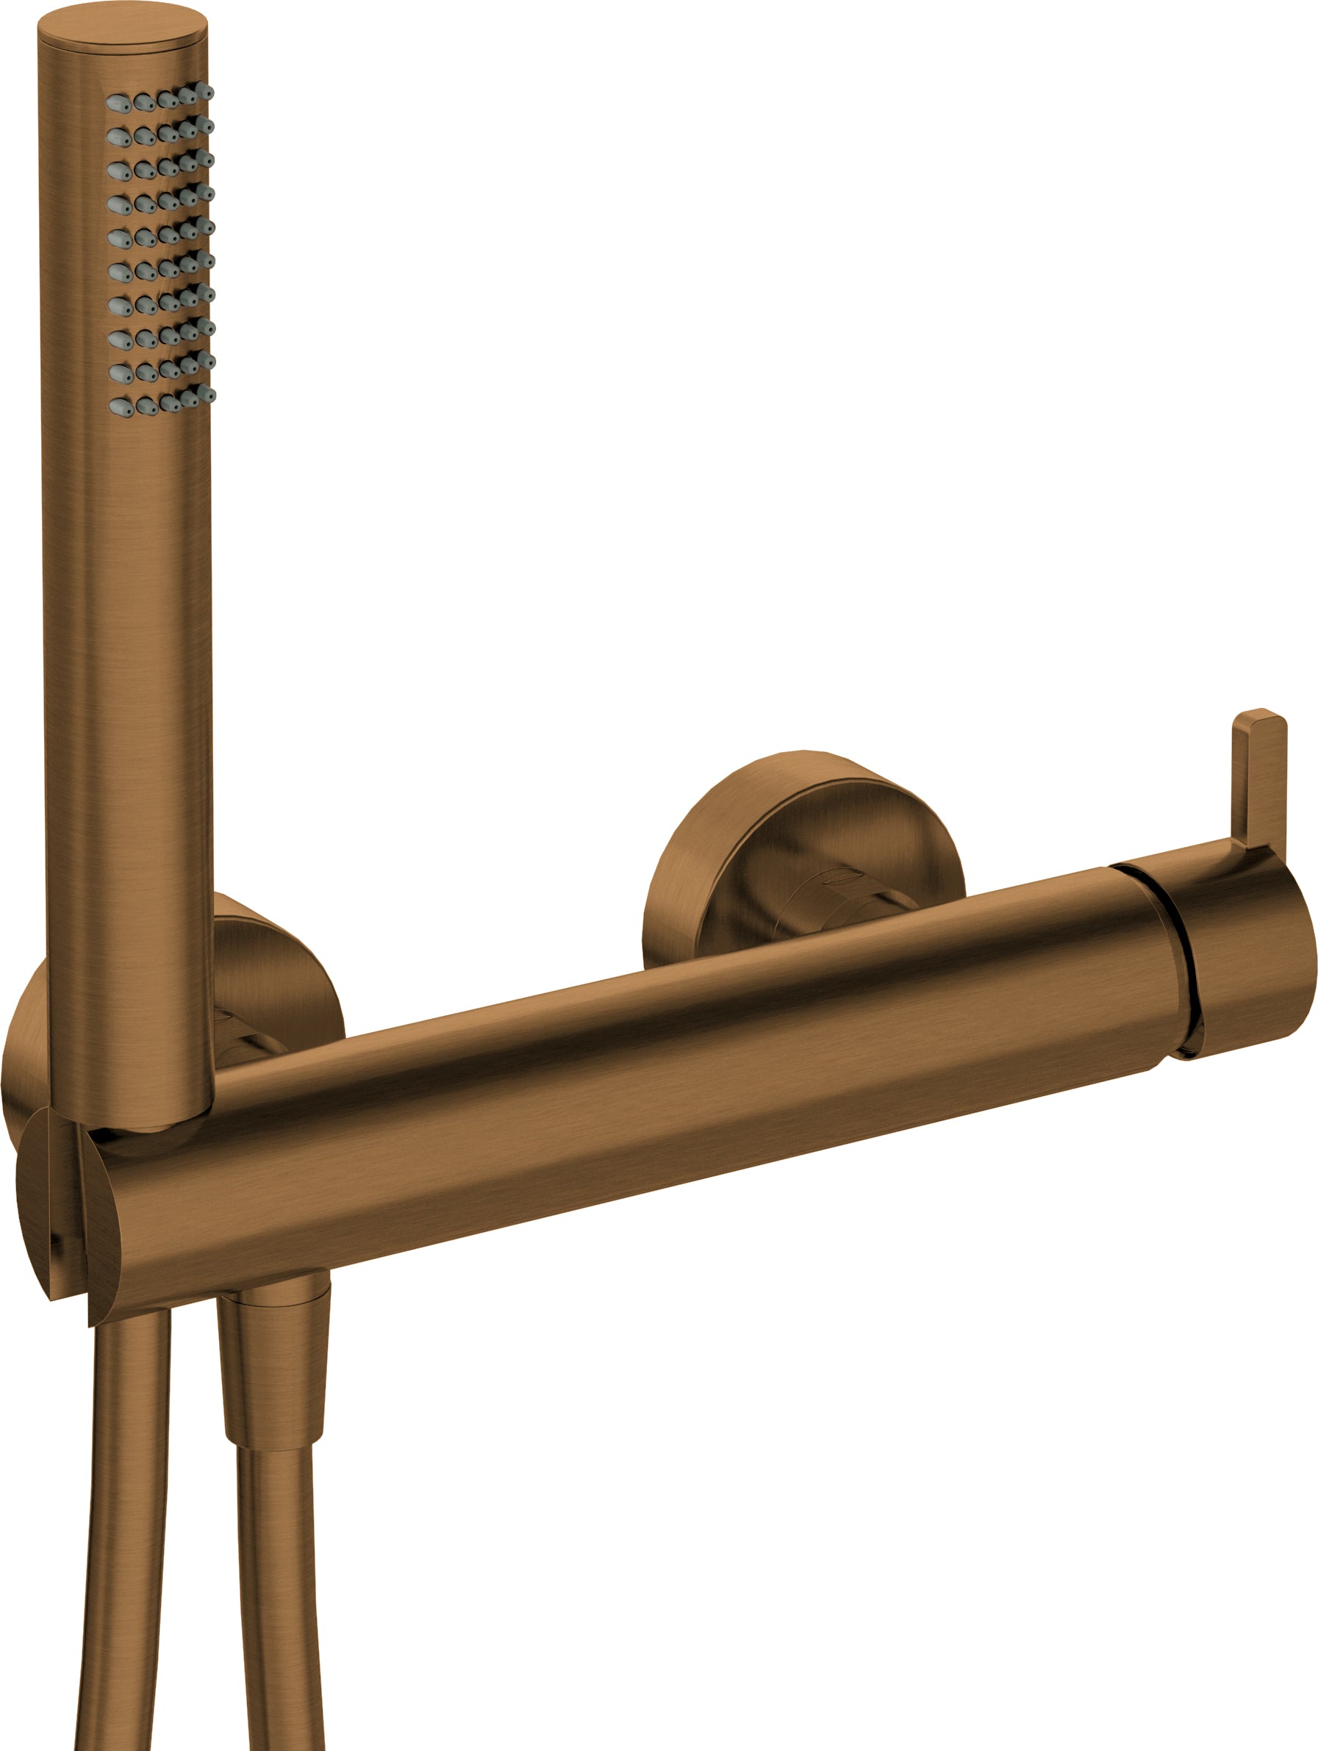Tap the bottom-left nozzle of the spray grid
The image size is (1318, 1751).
(x=121, y=408)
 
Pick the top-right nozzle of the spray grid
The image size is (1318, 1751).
(x=204, y=91)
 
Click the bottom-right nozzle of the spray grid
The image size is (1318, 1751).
(x=206, y=394)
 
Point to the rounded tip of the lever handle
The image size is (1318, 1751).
(x=1259, y=717)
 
